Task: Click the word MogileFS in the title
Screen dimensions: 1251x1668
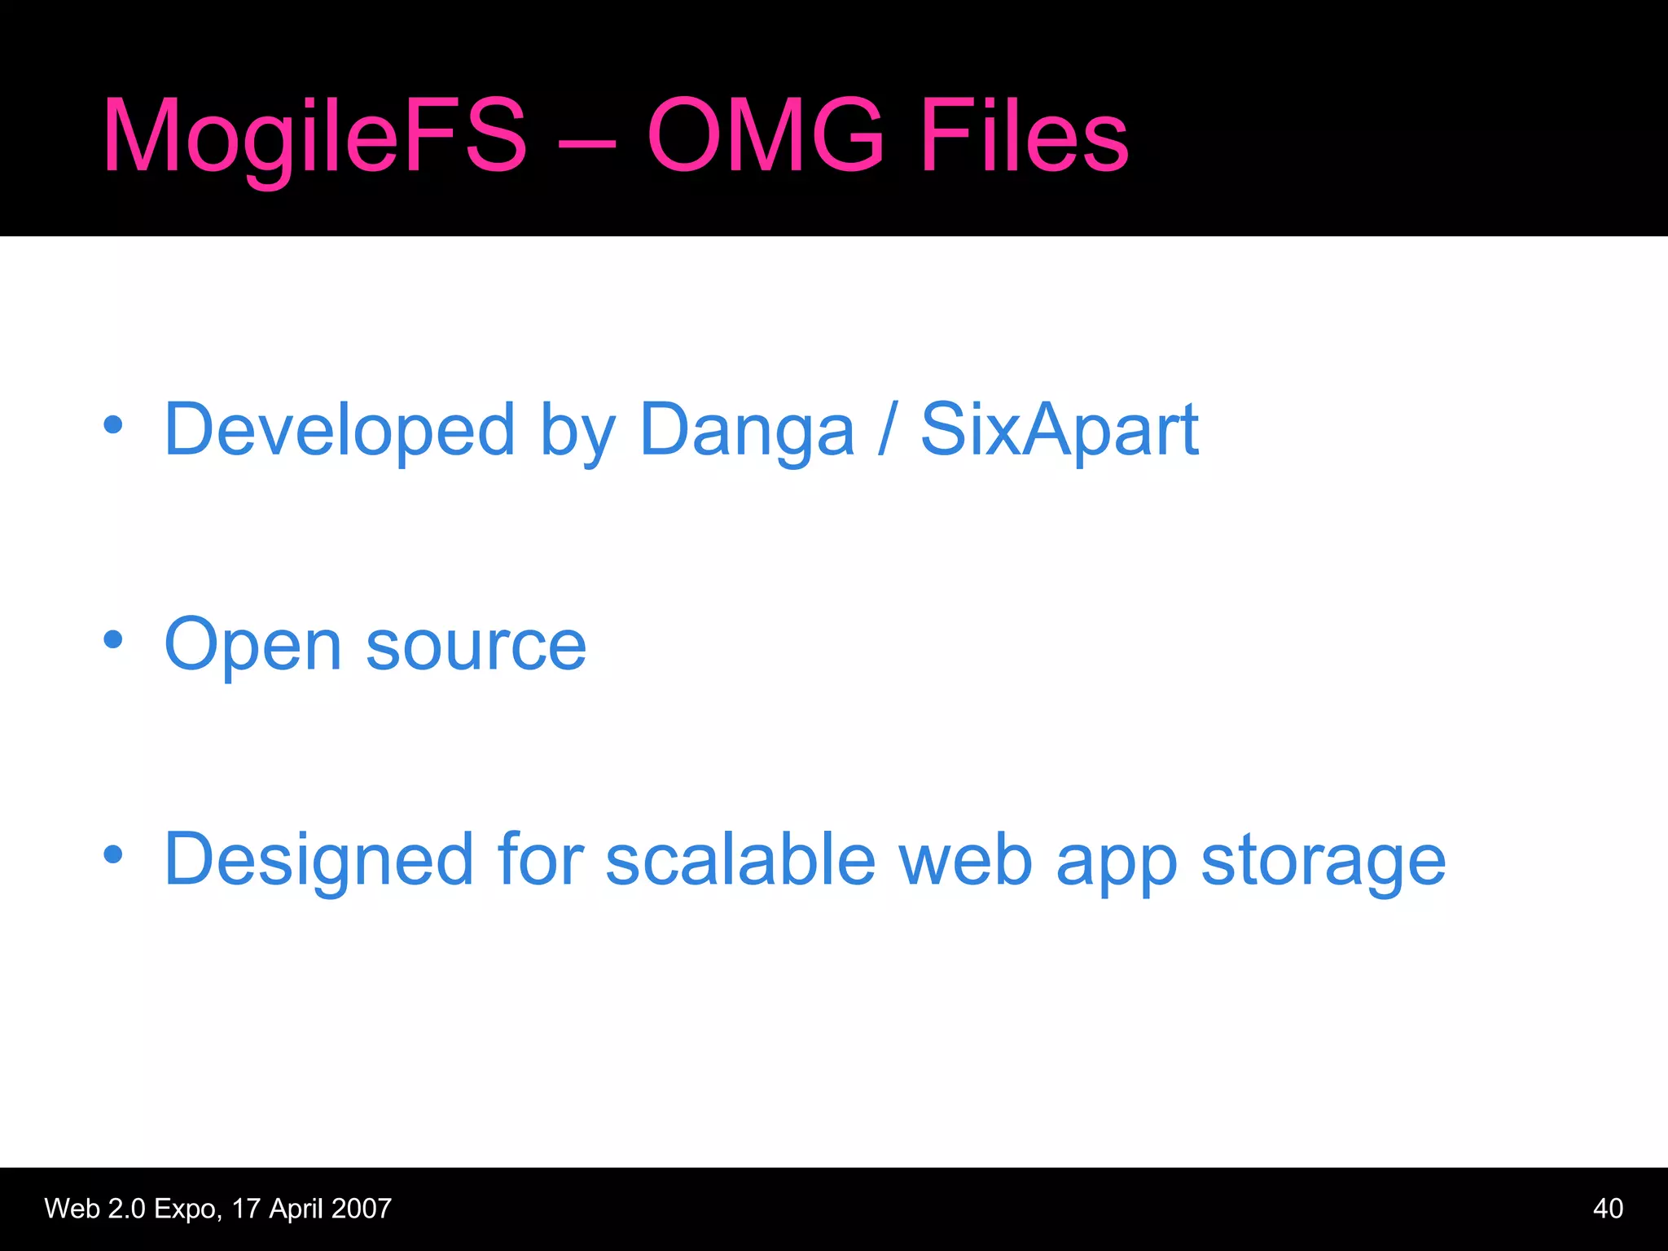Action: [314, 137]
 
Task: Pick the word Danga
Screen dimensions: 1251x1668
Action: [747, 431]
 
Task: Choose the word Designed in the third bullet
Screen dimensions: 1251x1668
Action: [318, 860]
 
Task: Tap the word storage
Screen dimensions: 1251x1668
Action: [1323, 862]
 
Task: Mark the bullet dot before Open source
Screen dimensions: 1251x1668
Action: [113, 640]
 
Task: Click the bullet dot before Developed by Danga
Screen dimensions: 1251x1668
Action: [113, 424]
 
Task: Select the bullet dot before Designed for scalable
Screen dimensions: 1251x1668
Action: [113, 854]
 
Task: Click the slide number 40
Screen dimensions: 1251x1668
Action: [1608, 1209]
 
